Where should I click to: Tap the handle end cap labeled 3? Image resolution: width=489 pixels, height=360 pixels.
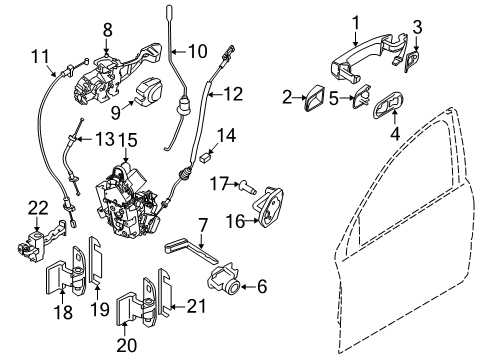click(413, 63)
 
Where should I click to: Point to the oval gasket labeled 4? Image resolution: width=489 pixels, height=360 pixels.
click(387, 108)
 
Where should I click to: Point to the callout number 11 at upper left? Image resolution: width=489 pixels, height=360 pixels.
click(39, 55)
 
